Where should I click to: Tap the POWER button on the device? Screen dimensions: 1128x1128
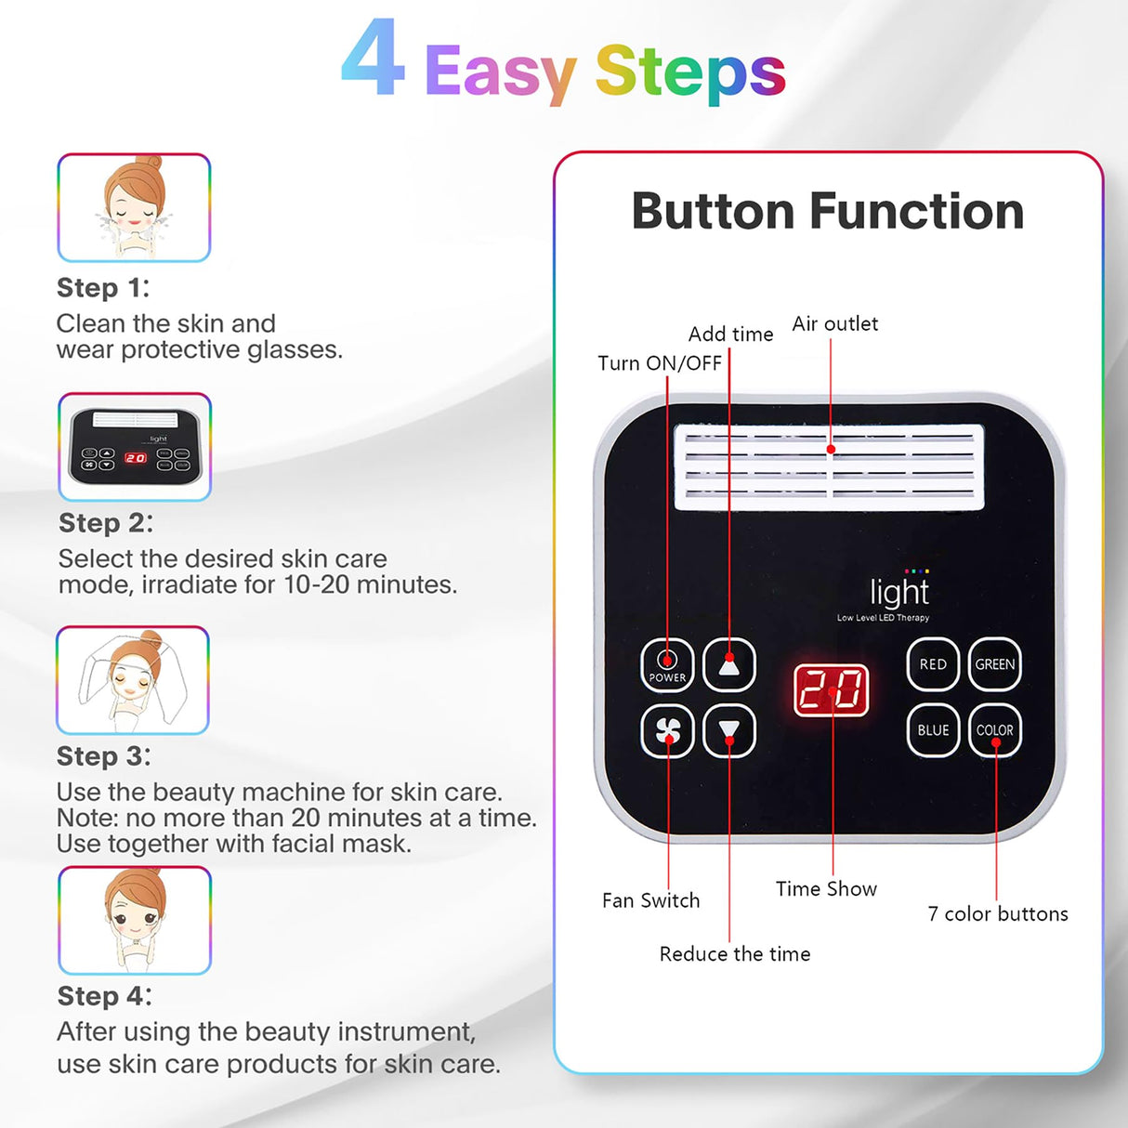[667, 665]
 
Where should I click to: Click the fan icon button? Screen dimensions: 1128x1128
[667, 731]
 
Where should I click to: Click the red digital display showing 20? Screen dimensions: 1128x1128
[832, 690]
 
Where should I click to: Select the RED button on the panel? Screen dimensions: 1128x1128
[933, 664]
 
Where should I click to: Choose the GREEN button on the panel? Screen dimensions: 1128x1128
[994, 664]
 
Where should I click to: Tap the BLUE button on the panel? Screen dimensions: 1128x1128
[933, 730]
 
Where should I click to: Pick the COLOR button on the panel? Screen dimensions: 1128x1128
[994, 730]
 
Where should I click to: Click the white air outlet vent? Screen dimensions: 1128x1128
[829, 467]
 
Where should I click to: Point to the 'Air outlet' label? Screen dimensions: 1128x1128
[834, 323]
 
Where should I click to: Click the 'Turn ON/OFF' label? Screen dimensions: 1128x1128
[659, 363]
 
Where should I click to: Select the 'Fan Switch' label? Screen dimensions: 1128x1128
[650, 900]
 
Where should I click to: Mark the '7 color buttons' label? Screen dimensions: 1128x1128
[997, 913]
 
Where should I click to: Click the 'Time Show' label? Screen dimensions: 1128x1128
[826, 889]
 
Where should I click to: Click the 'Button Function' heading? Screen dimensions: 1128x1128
[827, 211]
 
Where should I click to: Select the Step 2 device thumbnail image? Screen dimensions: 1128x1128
[135, 447]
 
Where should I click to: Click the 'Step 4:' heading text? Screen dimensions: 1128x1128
[104, 996]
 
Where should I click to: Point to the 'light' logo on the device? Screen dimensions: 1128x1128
[898, 592]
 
